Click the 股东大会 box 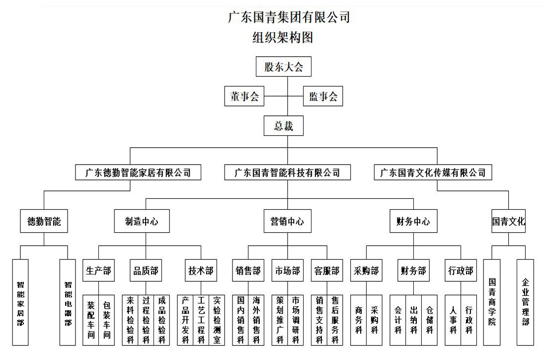click(284, 67)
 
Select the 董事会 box click(244, 96)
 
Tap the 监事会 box click(323, 96)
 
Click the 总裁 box click(283, 126)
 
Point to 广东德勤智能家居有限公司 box click(138, 173)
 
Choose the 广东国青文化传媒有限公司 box click(433, 173)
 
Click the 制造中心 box click(142, 221)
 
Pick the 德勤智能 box click(44, 221)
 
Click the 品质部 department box click(146, 271)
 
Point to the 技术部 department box click(201, 271)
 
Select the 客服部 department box click(327, 271)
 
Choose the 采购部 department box click(367, 271)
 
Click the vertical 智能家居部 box click(20, 303)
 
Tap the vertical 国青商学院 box click(492, 302)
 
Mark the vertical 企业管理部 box click(525, 302)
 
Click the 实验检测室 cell click(217, 320)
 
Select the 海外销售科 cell click(256, 320)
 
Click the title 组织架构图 click(283, 38)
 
